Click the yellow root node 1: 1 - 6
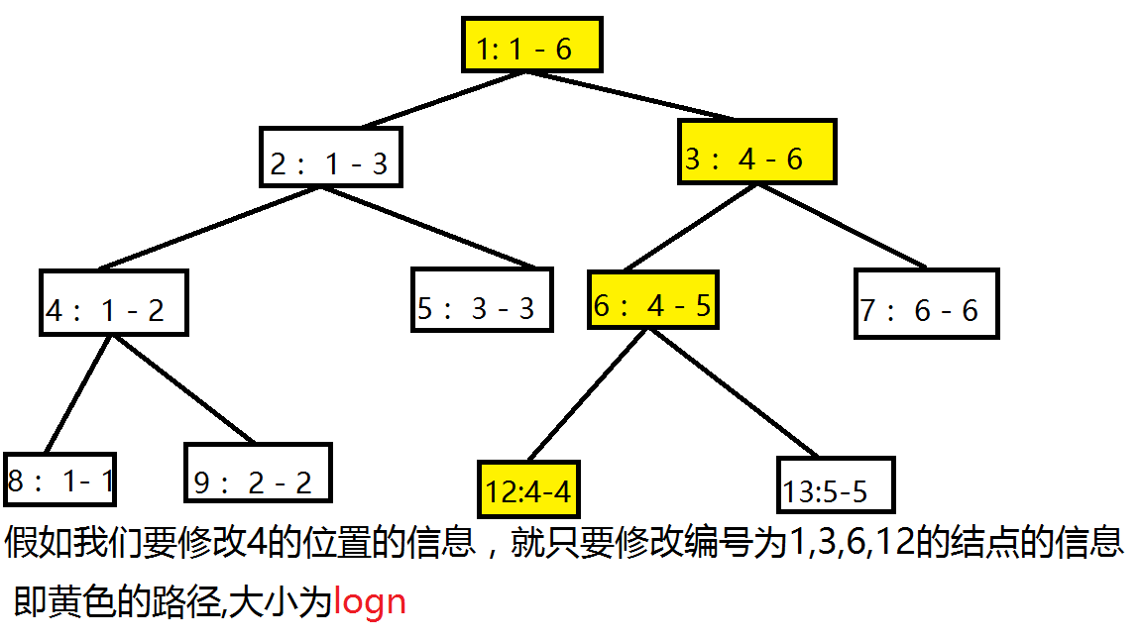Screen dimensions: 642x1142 coord(532,45)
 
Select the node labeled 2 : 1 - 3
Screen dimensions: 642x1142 coord(330,158)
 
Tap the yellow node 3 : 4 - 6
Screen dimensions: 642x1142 coord(757,152)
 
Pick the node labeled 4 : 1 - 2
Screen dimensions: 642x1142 coord(114,302)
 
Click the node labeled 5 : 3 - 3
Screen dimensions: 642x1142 coord(482,300)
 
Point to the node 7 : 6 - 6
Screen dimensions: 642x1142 coord(927,303)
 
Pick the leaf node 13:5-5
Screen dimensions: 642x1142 coord(837,484)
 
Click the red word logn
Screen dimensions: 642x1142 coord(370,601)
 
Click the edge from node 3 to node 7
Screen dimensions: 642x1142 coord(843,227)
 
